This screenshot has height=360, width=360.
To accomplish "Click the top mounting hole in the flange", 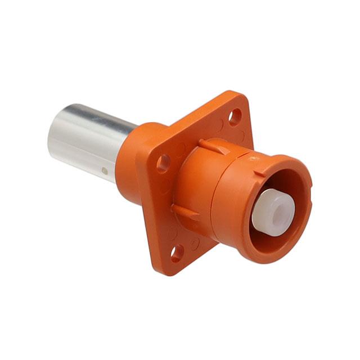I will tap(235, 116).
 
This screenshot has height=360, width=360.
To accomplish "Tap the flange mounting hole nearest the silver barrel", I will tap(164, 163).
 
